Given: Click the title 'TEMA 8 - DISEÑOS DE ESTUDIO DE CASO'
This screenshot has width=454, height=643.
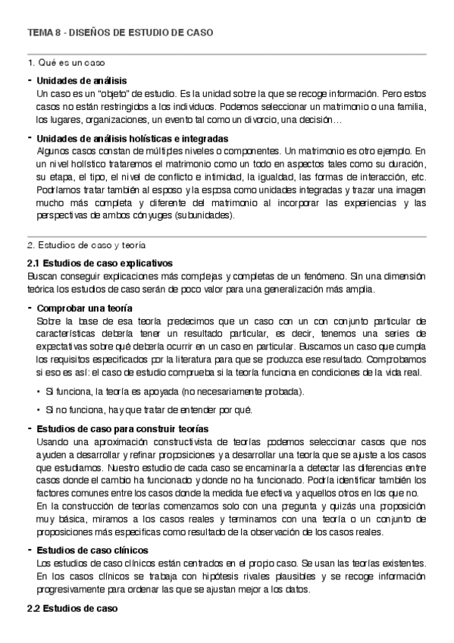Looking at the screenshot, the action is click(121, 33).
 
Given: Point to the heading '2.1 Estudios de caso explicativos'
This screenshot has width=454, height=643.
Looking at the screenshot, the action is click(99, 262).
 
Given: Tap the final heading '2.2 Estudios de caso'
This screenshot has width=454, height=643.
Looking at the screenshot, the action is click(72, 609).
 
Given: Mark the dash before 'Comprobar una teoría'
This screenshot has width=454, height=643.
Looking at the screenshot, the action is click(30, 308).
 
